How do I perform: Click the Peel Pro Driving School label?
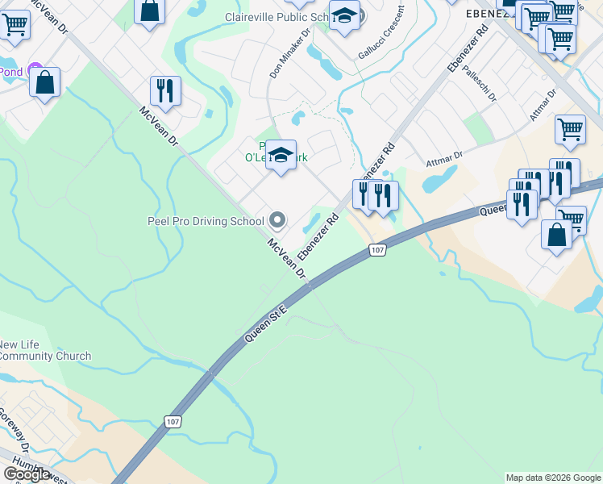coord(205,221)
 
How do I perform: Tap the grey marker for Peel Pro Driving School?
coord(277,220)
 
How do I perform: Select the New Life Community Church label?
coord(45,350)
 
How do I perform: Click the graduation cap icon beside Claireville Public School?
coord(344,15)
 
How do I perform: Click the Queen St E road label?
coord(266,325)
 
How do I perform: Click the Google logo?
coord(26,474)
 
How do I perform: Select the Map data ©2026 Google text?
coord(553,478)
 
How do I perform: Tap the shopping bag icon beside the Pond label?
coord(45,82)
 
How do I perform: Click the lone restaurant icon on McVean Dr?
coord(165,91)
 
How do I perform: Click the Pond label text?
coord(10,71)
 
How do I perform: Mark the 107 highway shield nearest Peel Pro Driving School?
coord(377,250)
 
